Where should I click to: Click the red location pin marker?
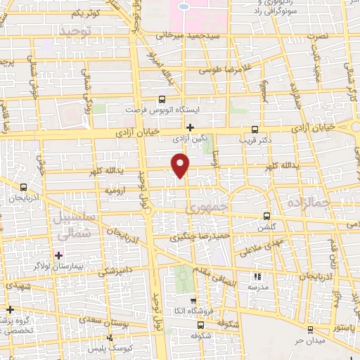point(181,165)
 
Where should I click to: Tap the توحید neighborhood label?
point(75,32)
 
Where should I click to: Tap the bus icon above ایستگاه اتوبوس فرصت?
point(162,100)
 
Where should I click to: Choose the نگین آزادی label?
point(190,140)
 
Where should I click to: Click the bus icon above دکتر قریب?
point(255,129)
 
